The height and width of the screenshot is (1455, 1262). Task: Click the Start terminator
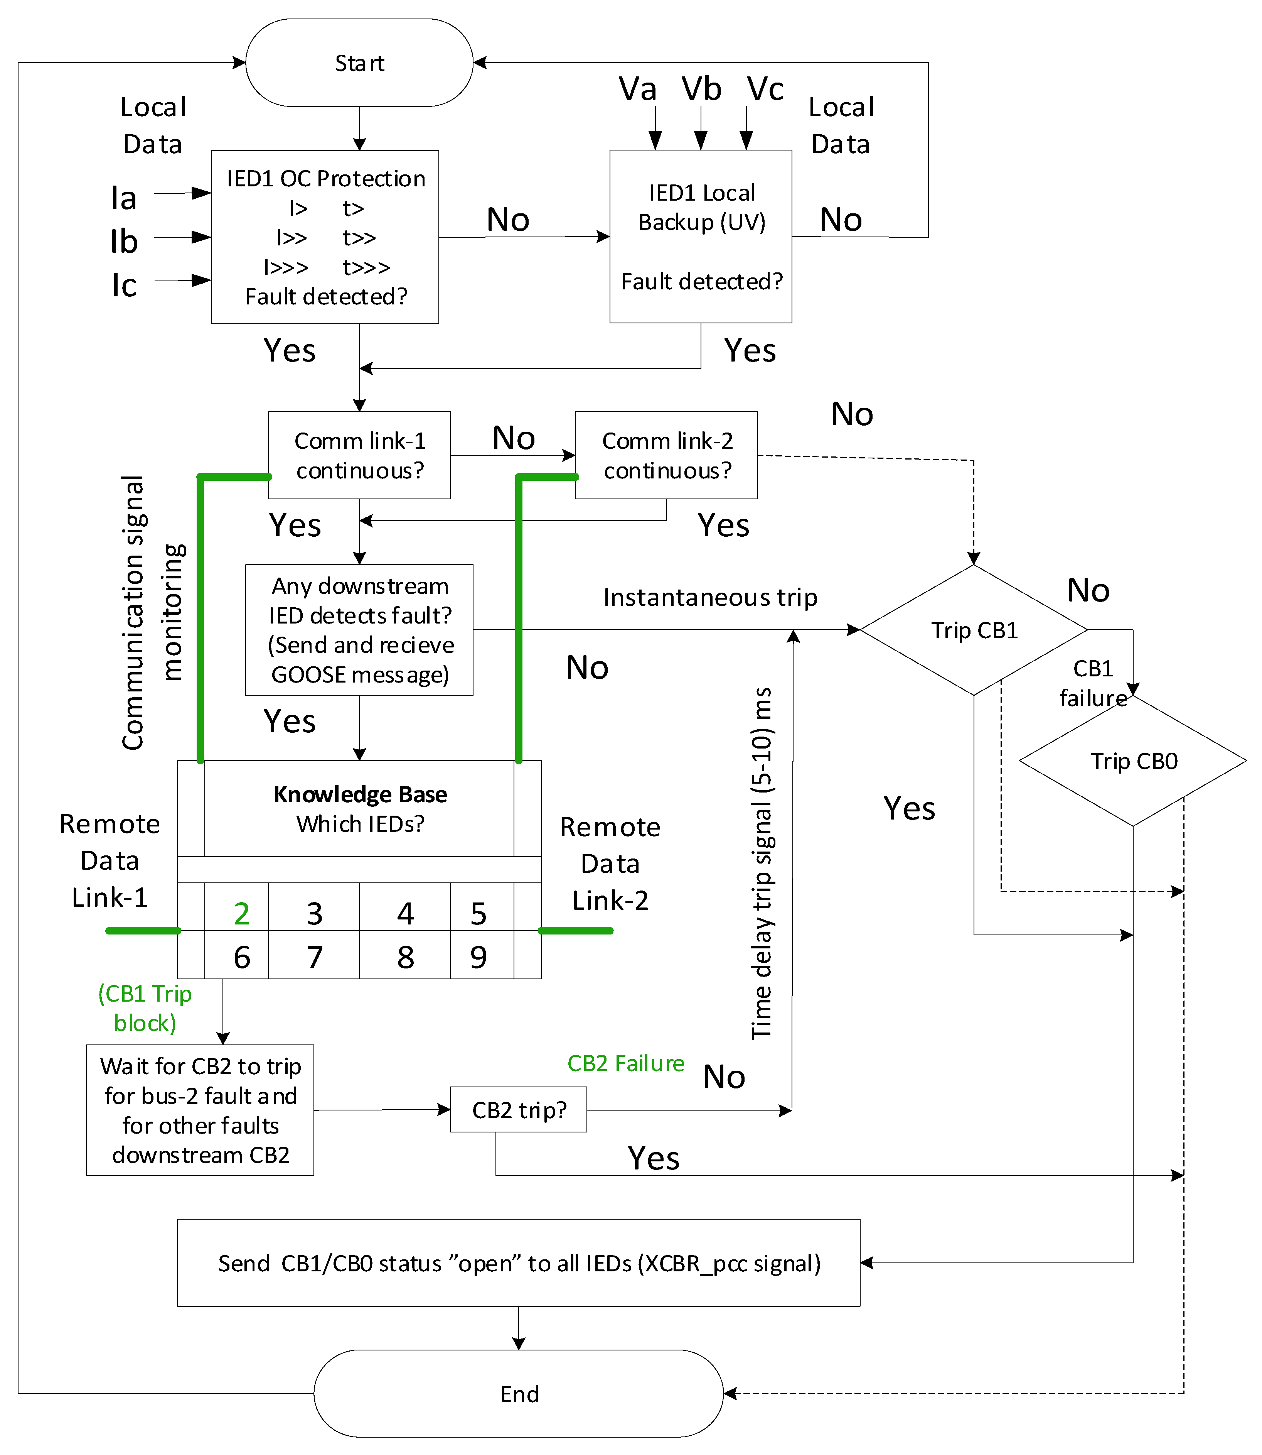click(359, 63)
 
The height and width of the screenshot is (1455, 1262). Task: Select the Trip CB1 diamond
click(974, 630)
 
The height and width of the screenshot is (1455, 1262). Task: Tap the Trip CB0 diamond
click(1133, 761)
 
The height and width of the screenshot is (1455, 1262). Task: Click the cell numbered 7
click(314, 957)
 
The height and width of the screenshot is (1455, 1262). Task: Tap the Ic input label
click(124, 286)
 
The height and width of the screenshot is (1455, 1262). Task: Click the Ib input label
click(124, 242)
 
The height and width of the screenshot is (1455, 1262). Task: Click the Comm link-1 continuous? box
click(359, 455)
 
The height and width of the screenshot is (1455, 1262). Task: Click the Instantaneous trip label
click(710, 598)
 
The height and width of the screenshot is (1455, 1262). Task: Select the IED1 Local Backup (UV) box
click(701, 237)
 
